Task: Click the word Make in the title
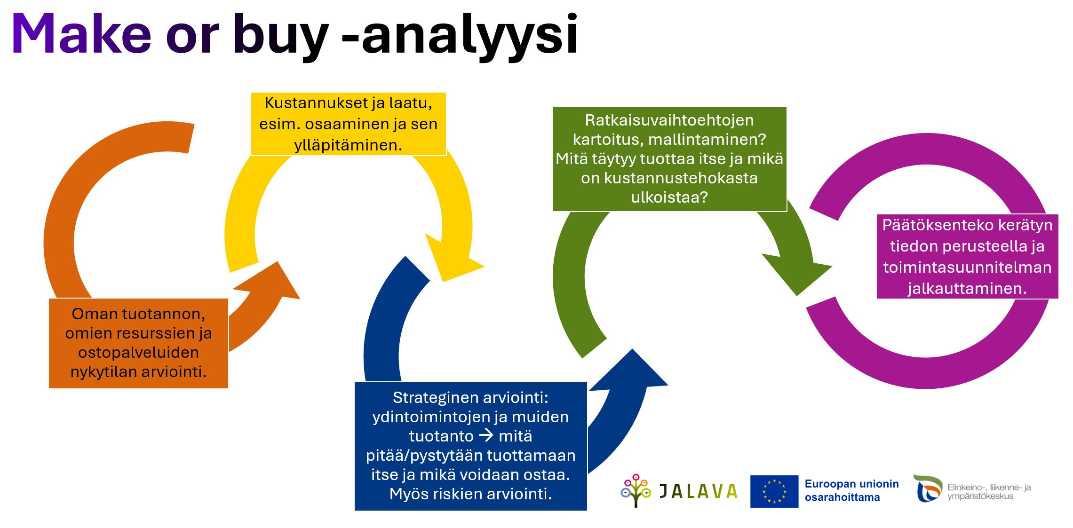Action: (x=81, y=33)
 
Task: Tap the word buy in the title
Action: (x=281, y=37)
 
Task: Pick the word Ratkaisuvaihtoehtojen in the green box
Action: (x=669, y=120)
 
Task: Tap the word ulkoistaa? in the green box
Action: (x=669, y=197)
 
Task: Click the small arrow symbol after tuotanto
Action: (x=486, y=435)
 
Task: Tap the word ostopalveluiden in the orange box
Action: (x=138, y=353)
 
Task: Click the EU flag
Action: (x=774, y=491)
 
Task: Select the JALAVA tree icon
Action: (x=636, y=490)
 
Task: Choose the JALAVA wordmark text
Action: (x=698, y=491)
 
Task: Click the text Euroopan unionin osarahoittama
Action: (x=851, y=490)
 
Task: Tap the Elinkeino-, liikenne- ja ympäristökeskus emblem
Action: (x=928, y=489)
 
